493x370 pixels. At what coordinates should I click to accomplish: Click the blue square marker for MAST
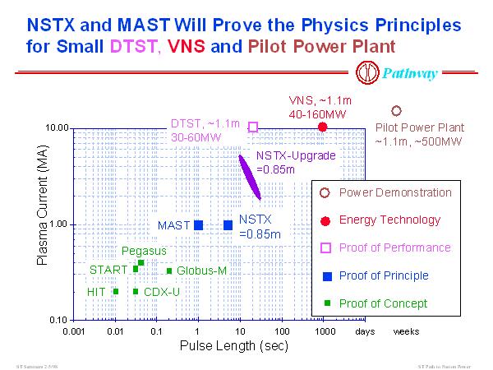(x=198, y=224)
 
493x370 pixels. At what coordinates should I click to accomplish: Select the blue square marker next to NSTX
(x=228, y=224)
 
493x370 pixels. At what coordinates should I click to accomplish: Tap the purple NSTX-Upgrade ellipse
(x=250, y=178)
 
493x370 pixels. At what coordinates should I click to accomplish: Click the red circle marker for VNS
(x=323, y=127)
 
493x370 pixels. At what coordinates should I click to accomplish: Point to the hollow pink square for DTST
(x=253, y=127)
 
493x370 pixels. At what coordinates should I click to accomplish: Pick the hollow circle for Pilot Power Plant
(x=396, y=110)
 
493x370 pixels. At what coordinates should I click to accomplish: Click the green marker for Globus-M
(x=169, y=271)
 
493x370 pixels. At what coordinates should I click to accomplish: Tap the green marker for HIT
(x=116, y=291)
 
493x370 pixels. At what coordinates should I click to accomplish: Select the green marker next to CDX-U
(x=136, y=291)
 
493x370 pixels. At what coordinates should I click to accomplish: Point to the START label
(x=108, y=269)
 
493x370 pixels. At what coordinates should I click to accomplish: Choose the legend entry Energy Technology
(x=378, y=220)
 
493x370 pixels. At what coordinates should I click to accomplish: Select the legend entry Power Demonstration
(x=384, y=192)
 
